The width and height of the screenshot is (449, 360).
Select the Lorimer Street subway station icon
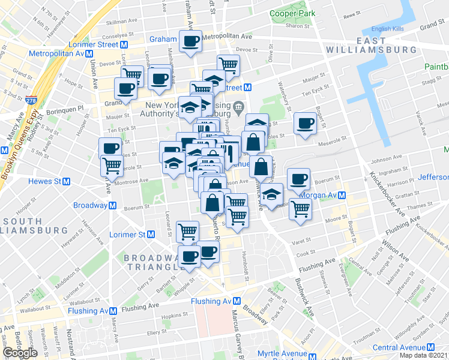coord(123,44)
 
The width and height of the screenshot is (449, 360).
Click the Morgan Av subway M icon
coord(341,195)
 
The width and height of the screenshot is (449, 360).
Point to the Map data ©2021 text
coord(423,355)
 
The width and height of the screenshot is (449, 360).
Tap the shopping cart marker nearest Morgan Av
coord(301,209)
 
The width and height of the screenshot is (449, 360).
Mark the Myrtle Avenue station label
coord(283,353)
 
